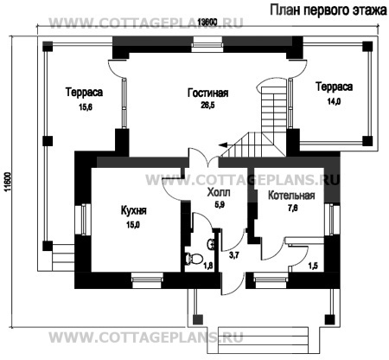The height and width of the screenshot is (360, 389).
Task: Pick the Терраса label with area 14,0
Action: (332, 87)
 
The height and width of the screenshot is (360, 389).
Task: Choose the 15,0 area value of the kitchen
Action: (132, 224)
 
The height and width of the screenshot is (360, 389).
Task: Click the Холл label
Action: (220, 192)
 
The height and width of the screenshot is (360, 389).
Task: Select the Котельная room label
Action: (290, 196)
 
